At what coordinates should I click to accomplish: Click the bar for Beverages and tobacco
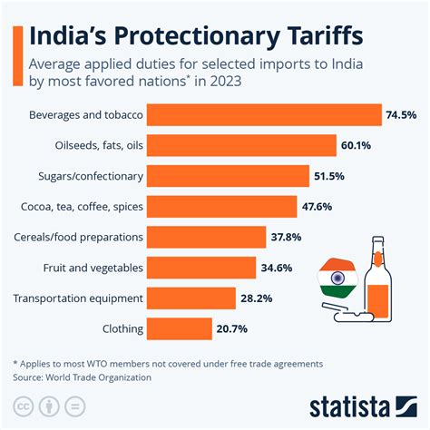tap(263, 115)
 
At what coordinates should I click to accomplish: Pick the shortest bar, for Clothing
tap(179, 328)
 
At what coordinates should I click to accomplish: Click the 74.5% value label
tap(399, 115)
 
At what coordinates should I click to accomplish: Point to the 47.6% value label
tap(317, 207)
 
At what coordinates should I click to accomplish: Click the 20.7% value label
tap(230, 328)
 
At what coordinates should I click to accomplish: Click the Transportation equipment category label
tap(76, 298)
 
